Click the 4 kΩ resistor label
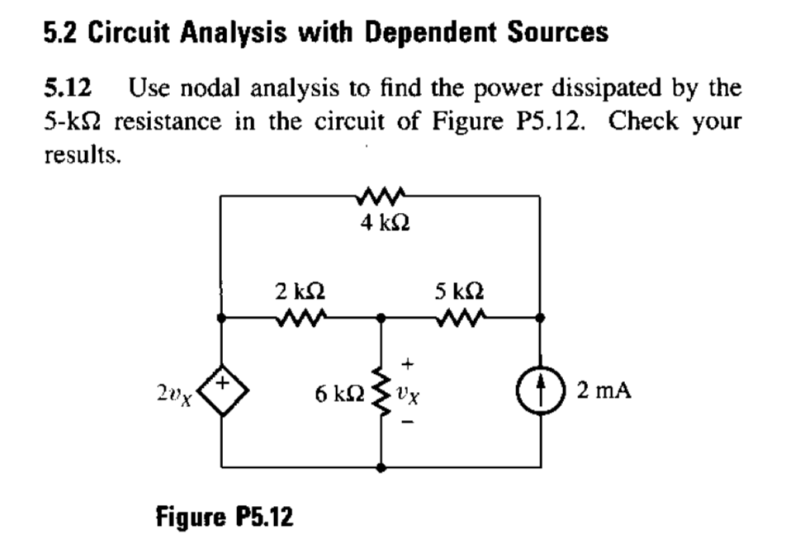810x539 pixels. tap(381, 223)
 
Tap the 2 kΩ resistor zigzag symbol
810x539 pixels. tap(299, 316)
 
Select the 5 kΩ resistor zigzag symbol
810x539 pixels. tap(459, 316)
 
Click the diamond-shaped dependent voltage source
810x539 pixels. tap(221, 390)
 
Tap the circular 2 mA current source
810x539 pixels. tap(541, 390)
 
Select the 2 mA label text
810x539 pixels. tap(604, 390)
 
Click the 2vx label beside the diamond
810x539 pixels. tap(173, 393)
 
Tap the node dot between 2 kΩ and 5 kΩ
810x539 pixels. tap(381, 317)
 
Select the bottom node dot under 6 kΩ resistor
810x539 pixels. tap(381, 467)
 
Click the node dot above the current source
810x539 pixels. tap(541, 317)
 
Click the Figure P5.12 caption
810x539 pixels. tap(224, 518)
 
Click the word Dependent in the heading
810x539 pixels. tap(419, 32)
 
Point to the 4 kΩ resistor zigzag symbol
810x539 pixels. tap(381, 196)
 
